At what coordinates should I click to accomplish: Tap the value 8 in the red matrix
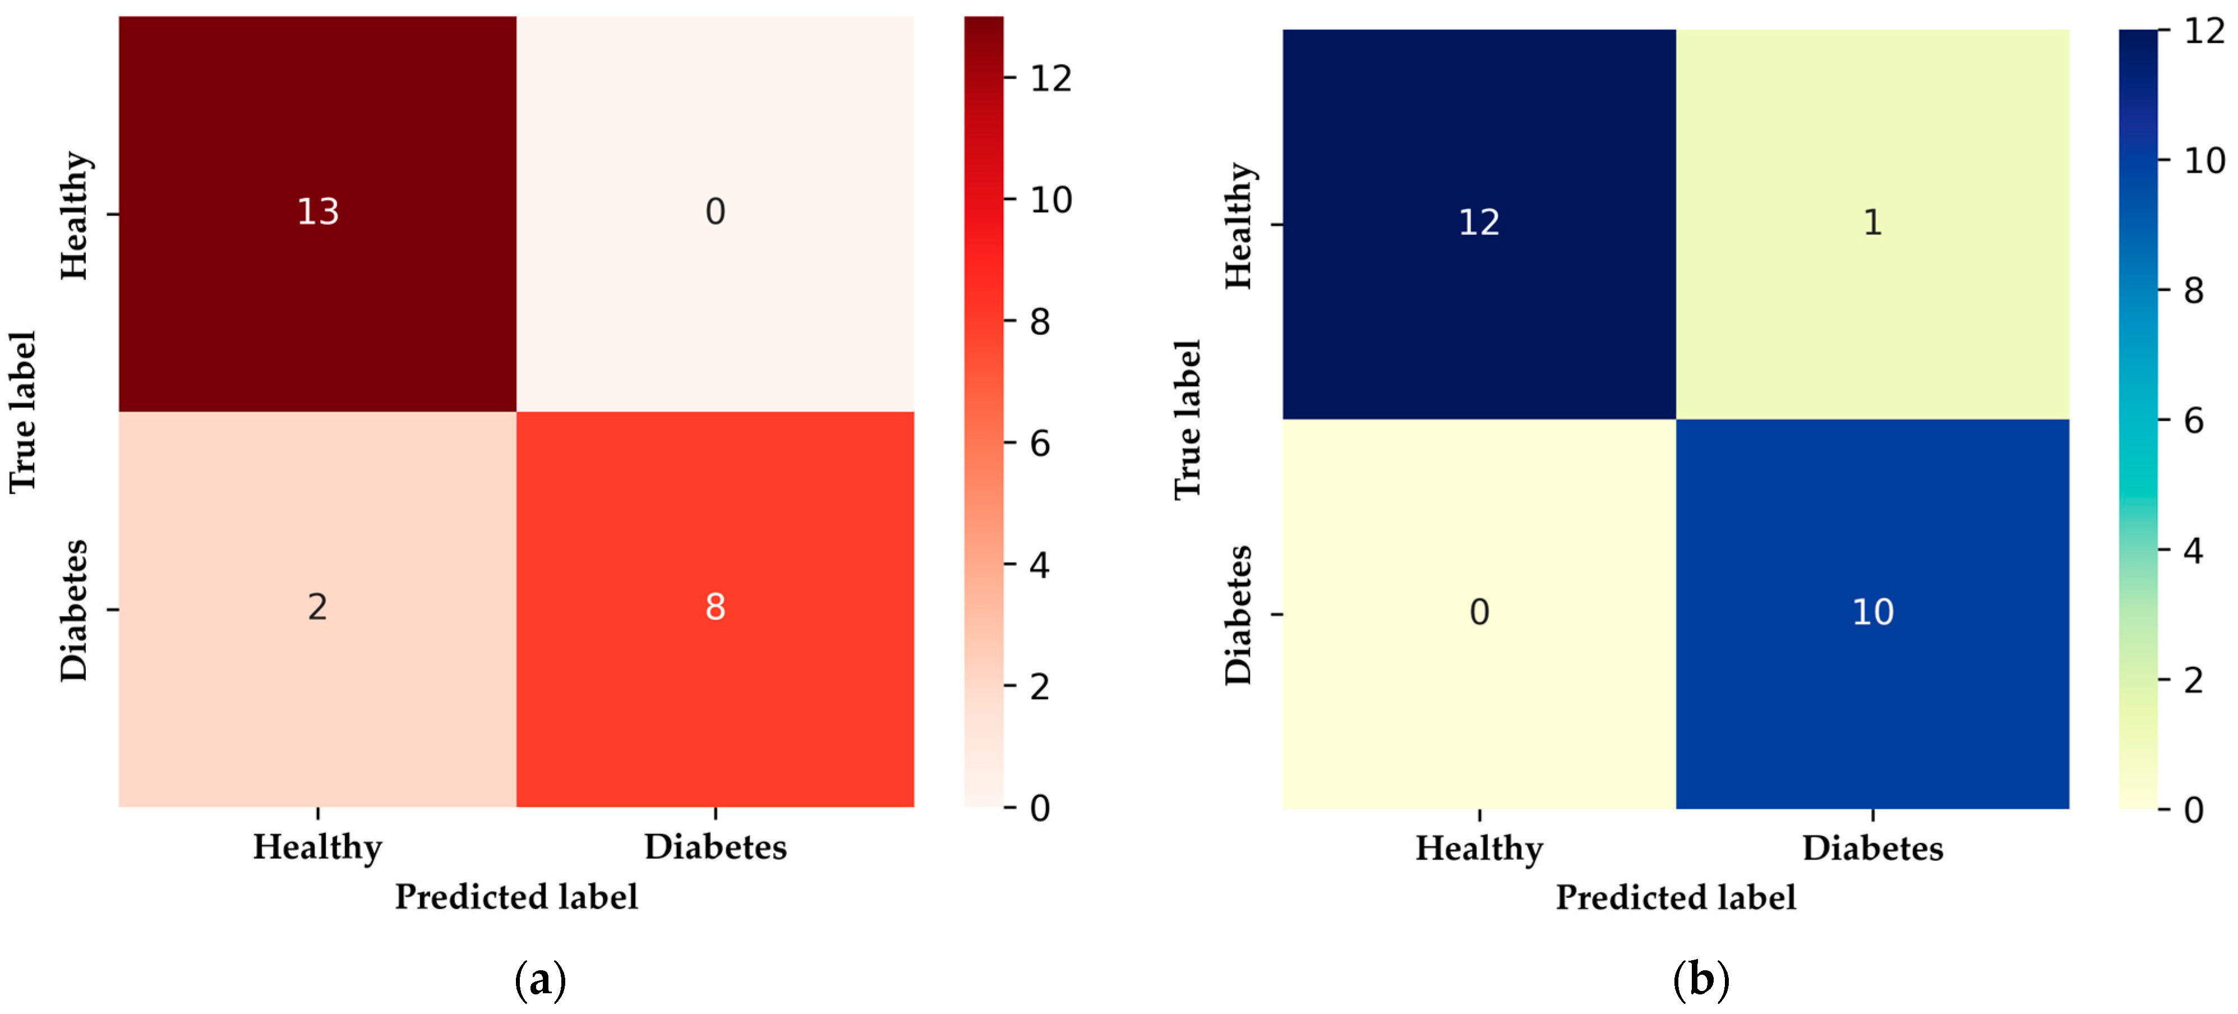[x=715, y=606]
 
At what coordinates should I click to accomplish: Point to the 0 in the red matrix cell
[x=715, y=211]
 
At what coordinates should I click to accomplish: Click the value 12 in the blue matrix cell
[x=1479, y=223]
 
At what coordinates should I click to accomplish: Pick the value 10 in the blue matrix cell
[x=1872, y=612]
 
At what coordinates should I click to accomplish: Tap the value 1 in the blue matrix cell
[x=1872, y=223]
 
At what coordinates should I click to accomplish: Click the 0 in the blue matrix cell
[x=1479, y=612]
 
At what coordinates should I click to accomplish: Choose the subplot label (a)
[x=541, y=980]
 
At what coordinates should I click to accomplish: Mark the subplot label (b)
[x=1700, y=980]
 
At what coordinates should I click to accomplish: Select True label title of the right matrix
[x=1187, y=420]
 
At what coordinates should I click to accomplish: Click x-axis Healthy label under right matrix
[x=1479, y=848]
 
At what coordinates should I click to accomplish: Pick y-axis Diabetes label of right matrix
[x=1238, y=615]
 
